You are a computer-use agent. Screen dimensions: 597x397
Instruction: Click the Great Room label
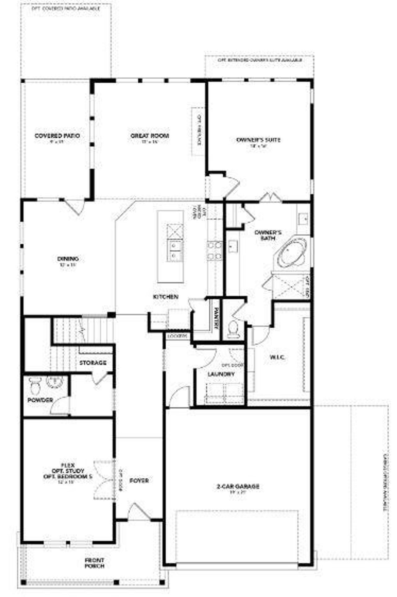[150, 136]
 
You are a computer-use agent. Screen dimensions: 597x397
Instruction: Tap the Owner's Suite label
[258, 140]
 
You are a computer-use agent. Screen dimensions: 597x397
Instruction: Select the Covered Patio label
[57, 136]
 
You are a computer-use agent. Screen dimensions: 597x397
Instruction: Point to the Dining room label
[68, 259]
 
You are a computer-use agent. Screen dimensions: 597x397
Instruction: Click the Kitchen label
[166, 297]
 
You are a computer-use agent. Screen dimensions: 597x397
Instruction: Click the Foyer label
[139, 481]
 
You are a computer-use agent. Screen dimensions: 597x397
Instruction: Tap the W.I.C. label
[277, 357]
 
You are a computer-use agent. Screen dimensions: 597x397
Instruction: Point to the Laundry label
[221, 374]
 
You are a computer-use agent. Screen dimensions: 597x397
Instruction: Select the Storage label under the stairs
[93, 363]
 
